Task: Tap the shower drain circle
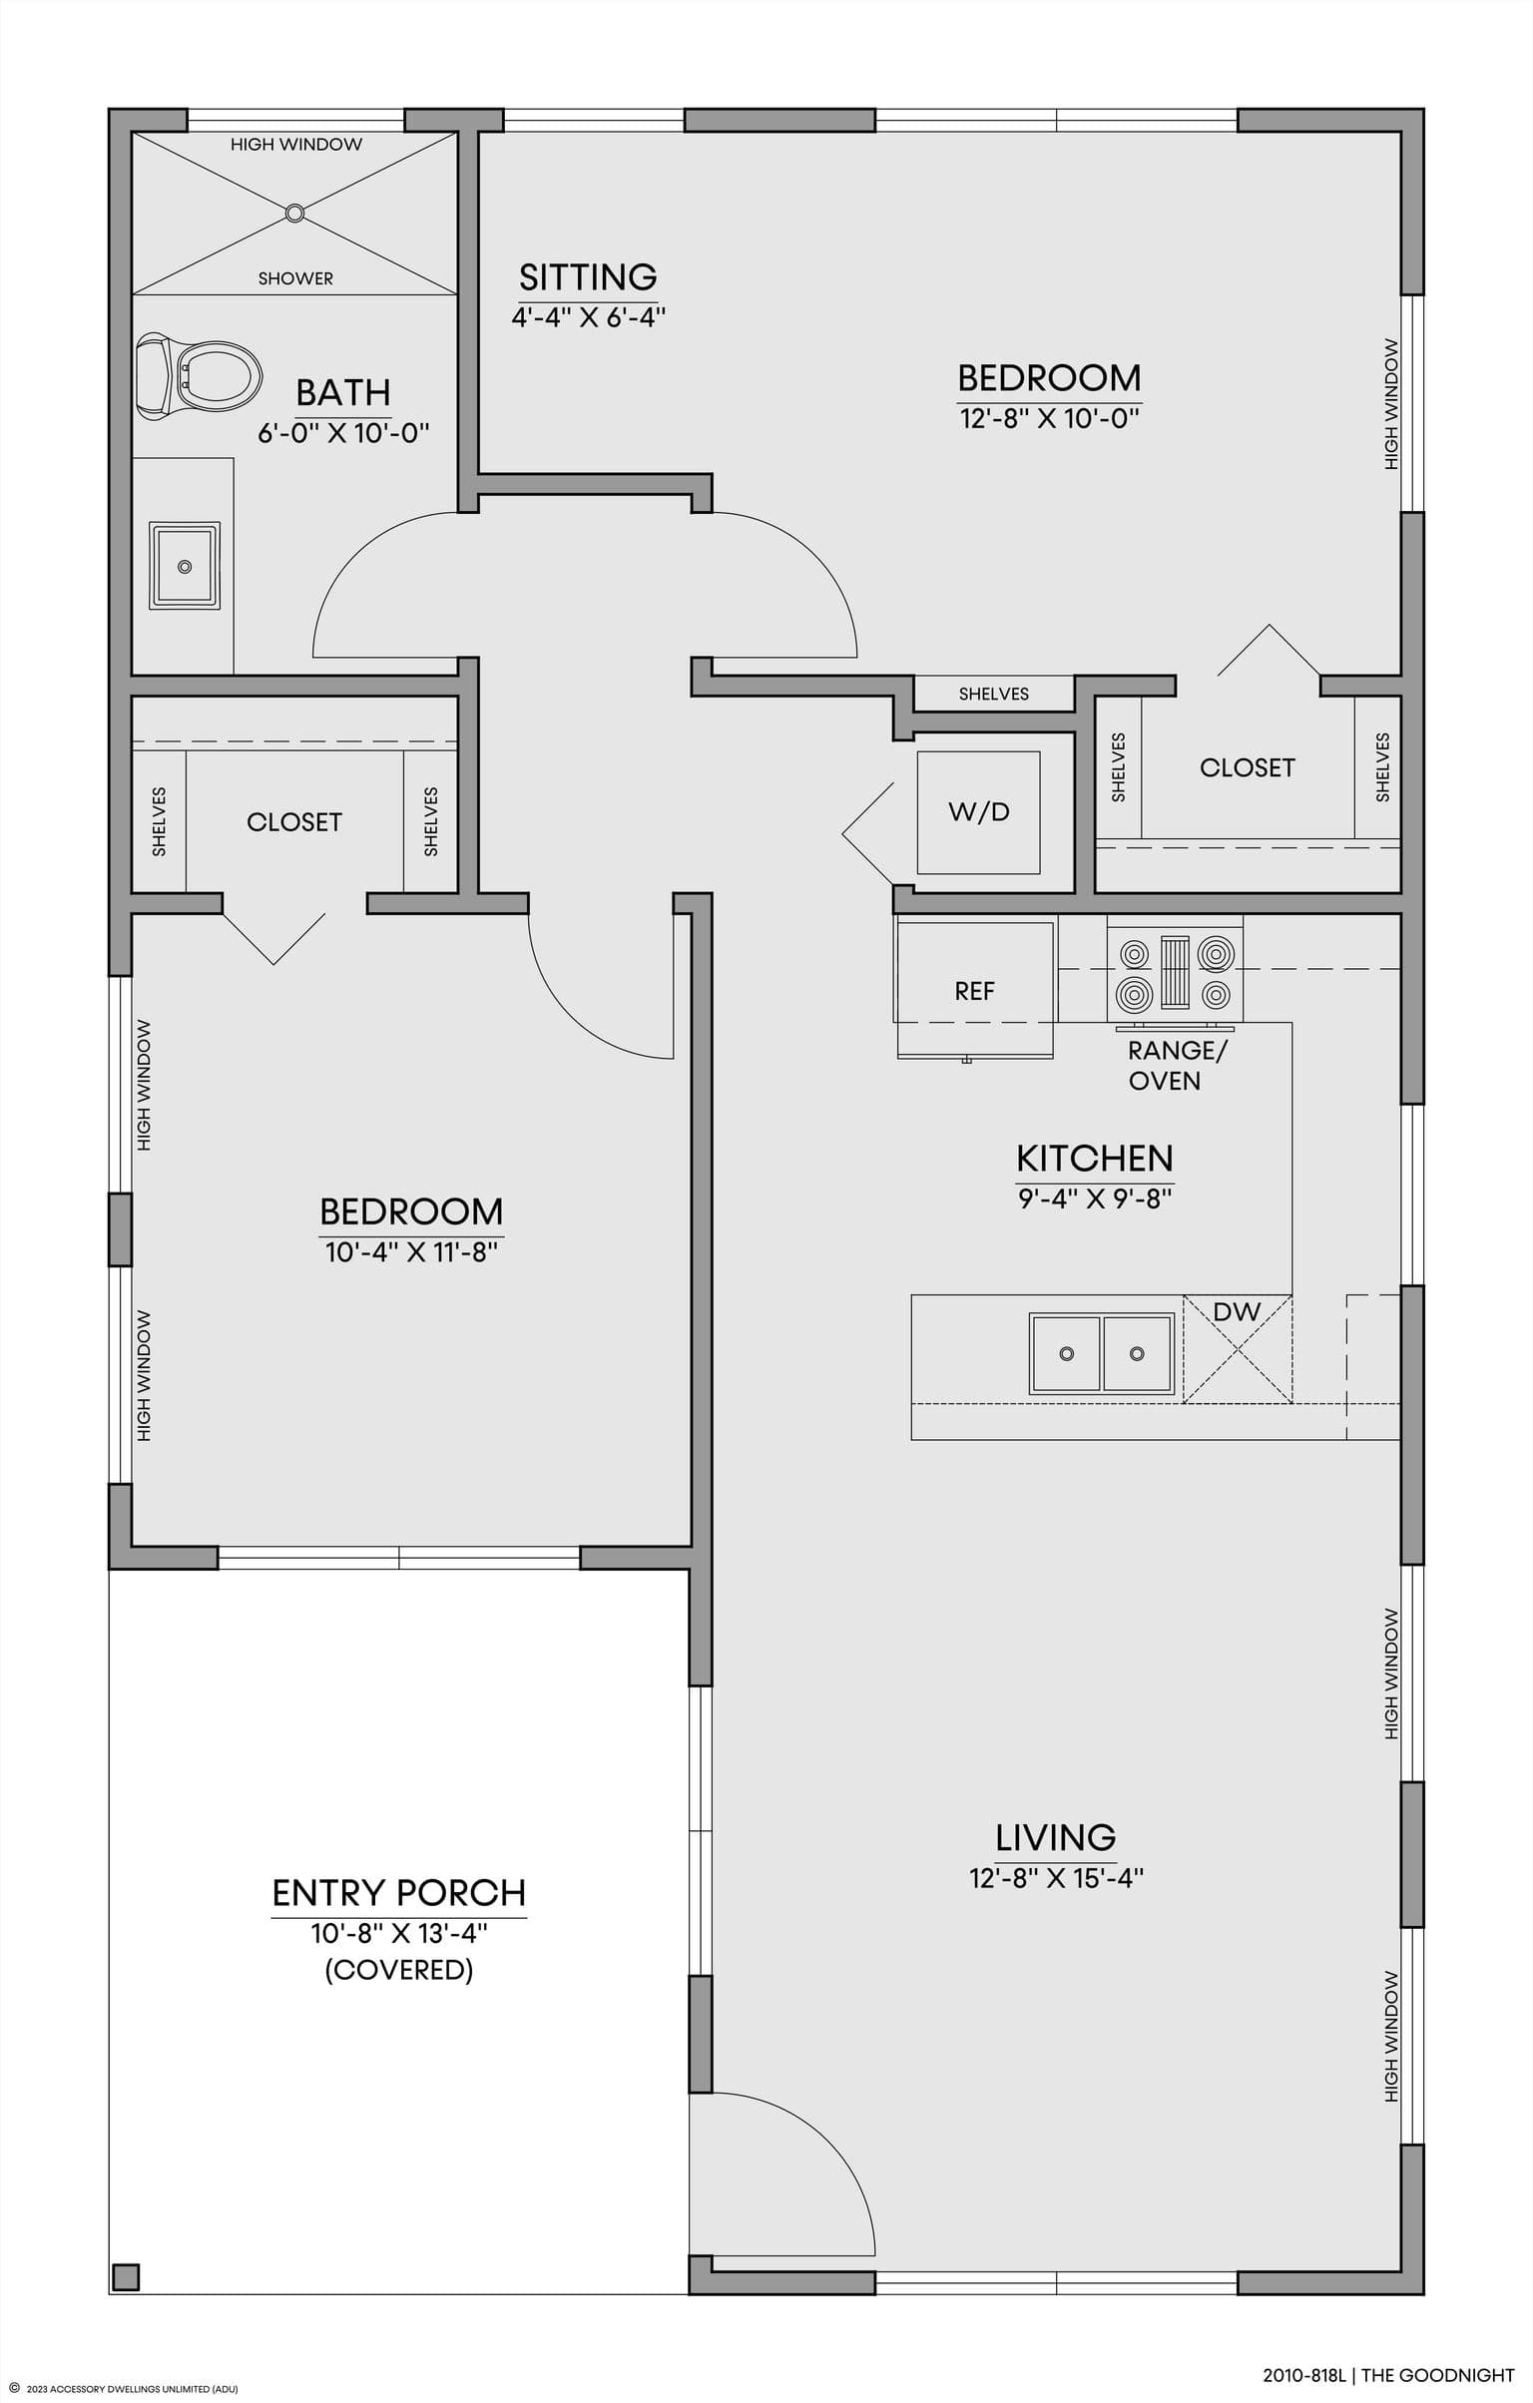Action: pos(294,213)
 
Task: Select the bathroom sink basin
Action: pos(185,565)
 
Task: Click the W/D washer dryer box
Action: pos(978,812)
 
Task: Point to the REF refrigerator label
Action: pos(975,991)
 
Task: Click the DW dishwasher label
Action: pos(1238,1311)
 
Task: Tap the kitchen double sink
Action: pos(1102,1353)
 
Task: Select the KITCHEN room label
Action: pos(1095,1159)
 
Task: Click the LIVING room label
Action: pos(1056,1837)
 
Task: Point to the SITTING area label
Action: pos(588,276)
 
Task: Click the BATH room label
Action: pos(343,392)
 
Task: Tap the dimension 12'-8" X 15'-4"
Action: pos(1056,1879)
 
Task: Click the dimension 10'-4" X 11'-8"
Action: pos(411,1252)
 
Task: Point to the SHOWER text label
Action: pos(295,278)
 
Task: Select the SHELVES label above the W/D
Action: pos(993,694)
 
